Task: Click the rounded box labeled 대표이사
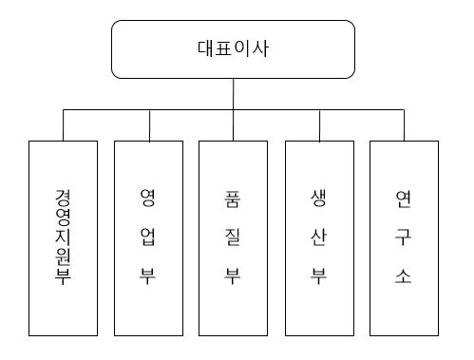click(x=233, y=49)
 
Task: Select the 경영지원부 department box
click(x=63, y=238)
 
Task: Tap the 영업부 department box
click(x=148, y=238)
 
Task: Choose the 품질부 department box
click(x=233, y=238)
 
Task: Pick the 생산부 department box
click(x=318, y=238)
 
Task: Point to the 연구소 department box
click(x=403, y=238)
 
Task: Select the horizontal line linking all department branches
click(x=190, y=110)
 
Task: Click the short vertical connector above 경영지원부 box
click(x=64, y=125)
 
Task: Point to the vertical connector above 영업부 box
click(x=148, y=125)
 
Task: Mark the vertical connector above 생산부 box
click(x=318, y=125)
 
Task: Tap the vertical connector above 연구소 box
click(x=403, y=125)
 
